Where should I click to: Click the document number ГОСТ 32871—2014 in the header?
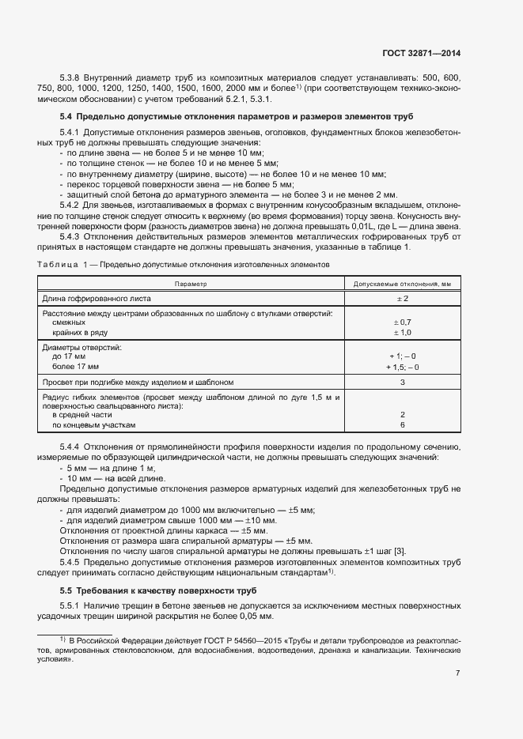(x=420, y=53)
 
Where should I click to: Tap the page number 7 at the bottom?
(x=458, y=673)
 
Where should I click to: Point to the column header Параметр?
(x=191, y=283)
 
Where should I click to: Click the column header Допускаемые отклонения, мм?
(x=401, y=283)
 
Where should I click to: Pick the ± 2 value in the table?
(x=401, y=299)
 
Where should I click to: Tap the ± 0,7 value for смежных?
(x=401, y=322)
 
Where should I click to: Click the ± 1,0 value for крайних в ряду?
(x=401, y=333)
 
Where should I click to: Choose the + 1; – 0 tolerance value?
(x=401, y=356)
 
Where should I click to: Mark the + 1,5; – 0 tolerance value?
(x=401, y=367)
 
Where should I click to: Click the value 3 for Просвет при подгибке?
(x=402, y=383)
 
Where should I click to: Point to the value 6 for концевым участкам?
(x=402, y=424)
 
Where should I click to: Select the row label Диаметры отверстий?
(x=80, y=347)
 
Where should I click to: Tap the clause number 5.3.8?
(x=71, y=80)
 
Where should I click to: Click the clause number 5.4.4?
(x=71, y=447)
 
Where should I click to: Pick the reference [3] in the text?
(x=400, y=551)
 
